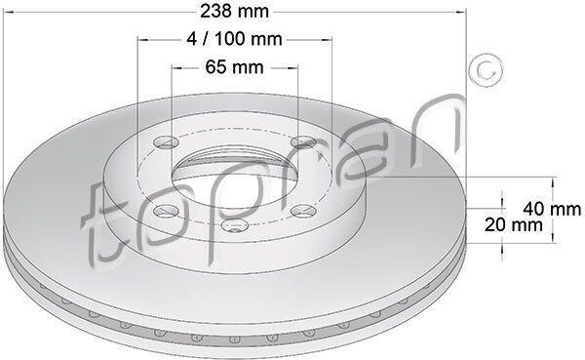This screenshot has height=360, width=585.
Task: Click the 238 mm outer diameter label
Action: click(234, 11)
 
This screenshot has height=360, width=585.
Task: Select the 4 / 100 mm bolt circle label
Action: click(234, 39)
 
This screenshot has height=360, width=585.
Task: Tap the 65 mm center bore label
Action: click(234, 67)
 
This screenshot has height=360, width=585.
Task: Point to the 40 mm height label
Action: click(552, 209)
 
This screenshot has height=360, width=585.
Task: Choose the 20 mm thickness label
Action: click(514, 224)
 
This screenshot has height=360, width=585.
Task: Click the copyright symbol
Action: click(486, 71)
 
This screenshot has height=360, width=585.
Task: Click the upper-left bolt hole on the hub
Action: click(166, 142)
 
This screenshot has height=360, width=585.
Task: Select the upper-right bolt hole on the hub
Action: click(303, 141)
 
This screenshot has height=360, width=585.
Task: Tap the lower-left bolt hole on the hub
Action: click(166, 211)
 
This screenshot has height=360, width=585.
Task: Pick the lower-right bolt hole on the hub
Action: click(303, 211)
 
